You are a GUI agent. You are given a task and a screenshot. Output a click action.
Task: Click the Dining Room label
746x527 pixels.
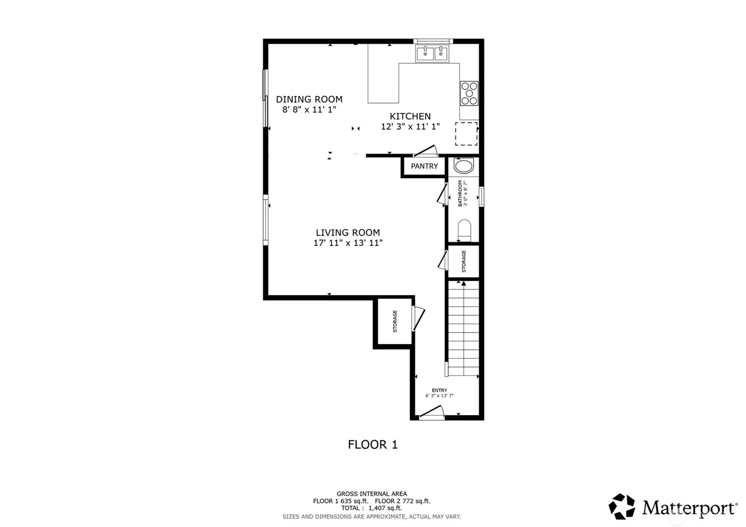pyautogui.click(x=309, y=99)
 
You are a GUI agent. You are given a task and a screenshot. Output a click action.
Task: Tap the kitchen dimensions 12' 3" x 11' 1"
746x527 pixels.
pyautogui.click(x=410, y=126)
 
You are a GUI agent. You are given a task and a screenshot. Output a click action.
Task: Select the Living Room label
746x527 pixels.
pyautogui.click(x=348, y=233)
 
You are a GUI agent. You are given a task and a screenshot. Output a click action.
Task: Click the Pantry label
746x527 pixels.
pyautogui.click(x=424, y=166)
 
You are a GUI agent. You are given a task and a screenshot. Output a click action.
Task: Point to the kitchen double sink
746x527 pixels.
pyautogui.click(x=432, y=54)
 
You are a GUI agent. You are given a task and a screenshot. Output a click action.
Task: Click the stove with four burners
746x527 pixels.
pyautogui.click(x=469, y=93)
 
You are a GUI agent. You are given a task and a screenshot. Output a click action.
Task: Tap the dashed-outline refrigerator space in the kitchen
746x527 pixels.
pyautogui.click(x=466, y=133)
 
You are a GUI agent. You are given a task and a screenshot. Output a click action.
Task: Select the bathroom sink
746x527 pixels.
pyautogui.click(x=463, y=166)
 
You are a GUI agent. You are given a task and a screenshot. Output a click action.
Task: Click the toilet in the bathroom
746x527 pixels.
pyautogui.click(x=464, y=230)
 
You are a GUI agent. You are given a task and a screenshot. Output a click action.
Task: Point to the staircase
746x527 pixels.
pyautogui.click(x=463, y=328)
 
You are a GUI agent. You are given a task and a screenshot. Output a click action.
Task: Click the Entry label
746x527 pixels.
pyautogui.click(x=440, y=390)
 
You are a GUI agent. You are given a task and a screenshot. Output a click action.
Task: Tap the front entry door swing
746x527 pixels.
pyautogui.click(x=432, y=411)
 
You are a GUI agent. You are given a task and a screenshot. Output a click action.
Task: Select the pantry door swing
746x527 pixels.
pyautogui.click(x=425, y=151)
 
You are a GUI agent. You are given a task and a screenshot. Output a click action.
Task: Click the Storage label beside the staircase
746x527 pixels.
pyautogui.click(x=464, y=261)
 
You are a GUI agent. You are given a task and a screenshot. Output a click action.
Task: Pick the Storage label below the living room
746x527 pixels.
pyautogui.click(x=395, y=321)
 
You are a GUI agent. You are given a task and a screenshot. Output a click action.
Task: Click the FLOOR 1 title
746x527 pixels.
pyautogui.click(x=373, y=444)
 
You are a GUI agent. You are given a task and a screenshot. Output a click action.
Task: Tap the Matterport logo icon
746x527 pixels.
pyautogui.click(x=622, y=506)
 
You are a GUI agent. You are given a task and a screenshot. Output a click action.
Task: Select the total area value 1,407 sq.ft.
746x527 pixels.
pyautogui.click(x=385, y=508)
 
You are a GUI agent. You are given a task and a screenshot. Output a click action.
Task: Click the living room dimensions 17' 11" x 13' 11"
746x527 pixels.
pyautogui.click(x=348, y=243)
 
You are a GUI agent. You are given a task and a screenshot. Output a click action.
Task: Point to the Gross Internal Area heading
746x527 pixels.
pyautogui.click(x=372, y=494)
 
